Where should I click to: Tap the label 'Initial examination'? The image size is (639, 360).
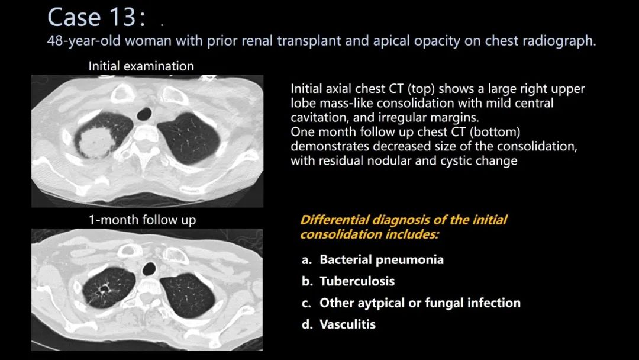(141, 66)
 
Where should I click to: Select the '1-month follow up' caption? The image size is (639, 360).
(142, 220)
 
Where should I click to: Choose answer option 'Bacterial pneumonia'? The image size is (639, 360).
(382, 260)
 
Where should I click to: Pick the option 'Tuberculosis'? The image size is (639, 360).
(357, 281)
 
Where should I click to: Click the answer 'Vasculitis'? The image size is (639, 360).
(348, 324)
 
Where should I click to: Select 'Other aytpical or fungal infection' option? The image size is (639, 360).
(419, 303)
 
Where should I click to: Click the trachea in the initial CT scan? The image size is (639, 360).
(144, 113)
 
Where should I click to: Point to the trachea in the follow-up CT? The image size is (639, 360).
(149, 269)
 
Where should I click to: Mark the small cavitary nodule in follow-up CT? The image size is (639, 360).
(104, 290)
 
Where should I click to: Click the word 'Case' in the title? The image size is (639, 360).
(72, 18)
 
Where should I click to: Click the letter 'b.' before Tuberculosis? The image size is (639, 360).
(308, 281)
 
